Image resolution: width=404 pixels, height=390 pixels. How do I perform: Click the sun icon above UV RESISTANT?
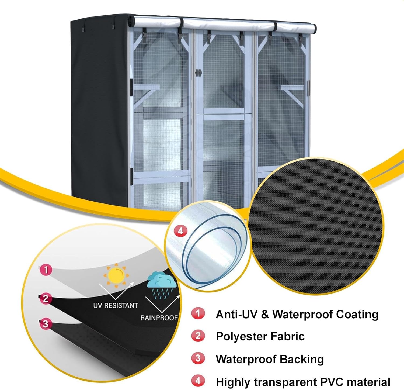[116, 275]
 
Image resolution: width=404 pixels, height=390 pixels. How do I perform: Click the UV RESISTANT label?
[116, 305]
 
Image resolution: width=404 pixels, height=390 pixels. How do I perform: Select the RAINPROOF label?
[159, 318]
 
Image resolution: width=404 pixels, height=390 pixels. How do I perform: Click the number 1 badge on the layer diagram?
[46, 270]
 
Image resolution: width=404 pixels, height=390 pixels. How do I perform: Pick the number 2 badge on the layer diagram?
[46, 298]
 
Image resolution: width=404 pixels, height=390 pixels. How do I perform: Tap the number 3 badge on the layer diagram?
[46, 323]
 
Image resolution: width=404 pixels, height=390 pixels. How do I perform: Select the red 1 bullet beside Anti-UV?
[198, 313]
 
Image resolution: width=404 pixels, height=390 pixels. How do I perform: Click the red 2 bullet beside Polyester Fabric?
[198, 336]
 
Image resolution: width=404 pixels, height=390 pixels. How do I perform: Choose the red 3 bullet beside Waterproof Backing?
[198, 358]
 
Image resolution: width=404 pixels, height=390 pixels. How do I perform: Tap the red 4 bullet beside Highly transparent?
[198, 381]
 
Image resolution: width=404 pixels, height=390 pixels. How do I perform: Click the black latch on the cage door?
[198, 73]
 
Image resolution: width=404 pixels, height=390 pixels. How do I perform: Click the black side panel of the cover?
[101, 108]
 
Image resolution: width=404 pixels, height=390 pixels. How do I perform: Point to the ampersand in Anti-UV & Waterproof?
[265, 315]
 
